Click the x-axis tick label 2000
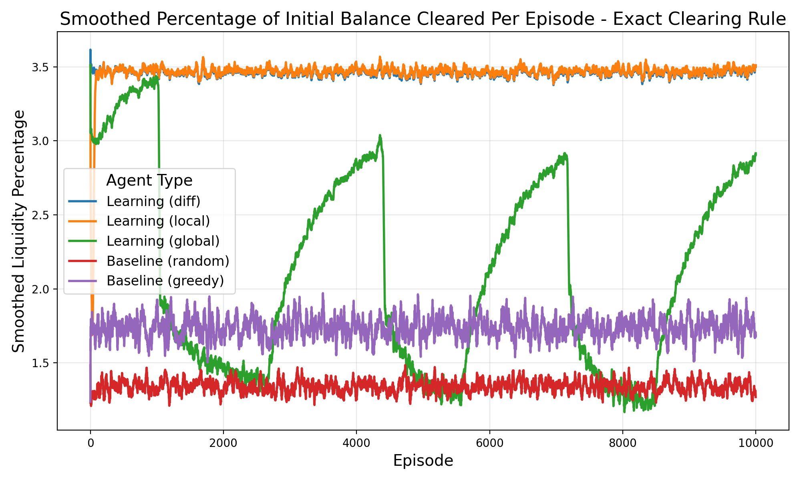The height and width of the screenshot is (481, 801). click(x=223, y=444)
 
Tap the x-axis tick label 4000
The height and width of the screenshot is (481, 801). click(x=356, y=444)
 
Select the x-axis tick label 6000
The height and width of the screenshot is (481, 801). click(x=489, y=444)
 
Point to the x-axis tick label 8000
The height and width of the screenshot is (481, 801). click(x=622, y=444)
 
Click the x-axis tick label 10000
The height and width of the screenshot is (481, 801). click(x=755, y=444)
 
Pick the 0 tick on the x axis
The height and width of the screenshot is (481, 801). click(x=90, y=444)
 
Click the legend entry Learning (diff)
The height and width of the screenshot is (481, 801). click(x=153, y=201)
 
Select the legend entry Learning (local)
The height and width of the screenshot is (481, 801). click(x=158, y=221)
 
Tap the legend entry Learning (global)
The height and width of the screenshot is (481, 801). click(x=163, y=241)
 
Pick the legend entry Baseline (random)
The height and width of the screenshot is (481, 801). click(x=167, y=261)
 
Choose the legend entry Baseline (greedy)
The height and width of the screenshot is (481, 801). click(x=165, y=281)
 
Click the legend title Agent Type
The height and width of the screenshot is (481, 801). click(x=149, y=181)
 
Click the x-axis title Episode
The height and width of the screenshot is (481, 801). click(x=423, y=461)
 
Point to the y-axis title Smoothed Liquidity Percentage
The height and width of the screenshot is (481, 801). click(x=18, y=231)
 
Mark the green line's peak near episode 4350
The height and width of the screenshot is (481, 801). click(x=380, y=136)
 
